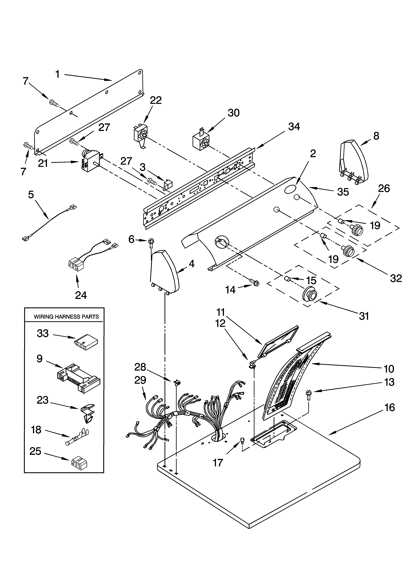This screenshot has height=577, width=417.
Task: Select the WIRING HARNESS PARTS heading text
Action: click(66, 317)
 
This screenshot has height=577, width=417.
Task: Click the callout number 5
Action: click(31, 195)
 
